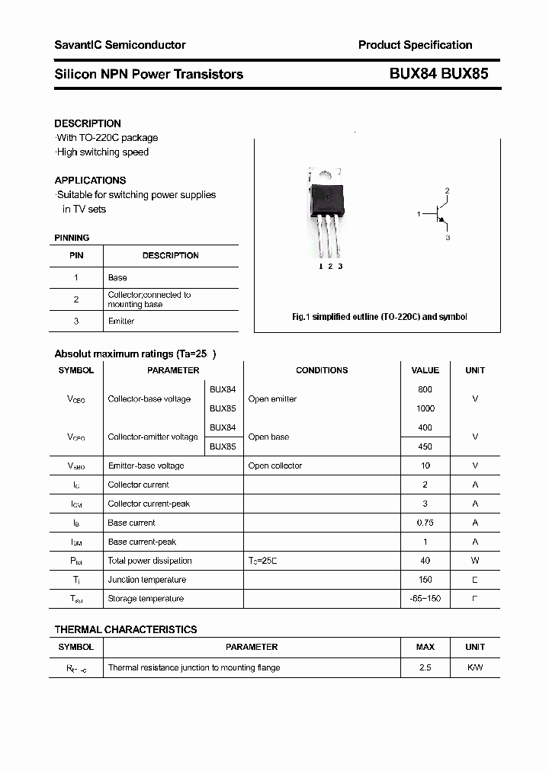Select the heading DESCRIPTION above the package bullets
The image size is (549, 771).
pyautogui.click(x=88, y=123)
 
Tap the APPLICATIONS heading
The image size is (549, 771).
pyautogui.click(x=90, y=181)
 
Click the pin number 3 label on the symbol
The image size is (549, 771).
pyautogui.click(x=448, y=238)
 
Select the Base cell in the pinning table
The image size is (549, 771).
pyautogui.click(x=117, y=278)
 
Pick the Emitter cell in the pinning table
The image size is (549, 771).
pyautogui.click(x=121, y=322)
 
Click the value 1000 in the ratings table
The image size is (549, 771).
pyautogui.click(x=425, y=408)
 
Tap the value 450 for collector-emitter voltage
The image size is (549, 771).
pyautogui.click(x=425, y=446)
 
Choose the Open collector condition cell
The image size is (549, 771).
pyautogui.click(x=275, y=465)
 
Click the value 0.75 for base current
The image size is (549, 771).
pyautogui.click(x=425, y=523)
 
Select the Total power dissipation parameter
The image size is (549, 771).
pyautogui.click(x=150, y=561)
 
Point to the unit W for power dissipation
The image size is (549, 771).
pyautogui.click(x=474, y=561)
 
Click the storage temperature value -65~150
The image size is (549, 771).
pyautogui.click(x=425, y=599)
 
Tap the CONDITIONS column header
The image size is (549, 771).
pyautogui.click(x=322, y=370)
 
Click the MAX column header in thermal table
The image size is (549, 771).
pyautogui.click(x=425, y=647)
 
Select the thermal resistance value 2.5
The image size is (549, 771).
pyautogui.click(x=425, y=667)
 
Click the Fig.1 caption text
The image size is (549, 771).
pyautogui.click(x=380, y=317)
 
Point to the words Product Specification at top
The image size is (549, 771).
pyautogui.click(x=415, y=45)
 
